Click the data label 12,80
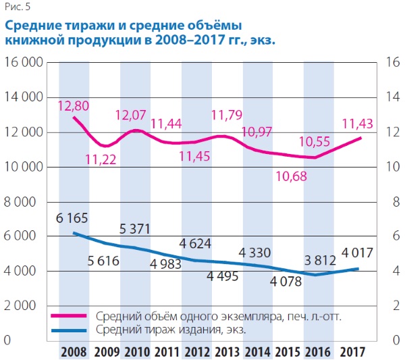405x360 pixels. coord(74,105)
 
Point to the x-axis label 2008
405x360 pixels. coord(74,352)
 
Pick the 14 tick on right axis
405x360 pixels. coord(389,97)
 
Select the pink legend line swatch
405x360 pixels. coord(70,315)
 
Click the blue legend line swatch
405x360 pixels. coord(70,330)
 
